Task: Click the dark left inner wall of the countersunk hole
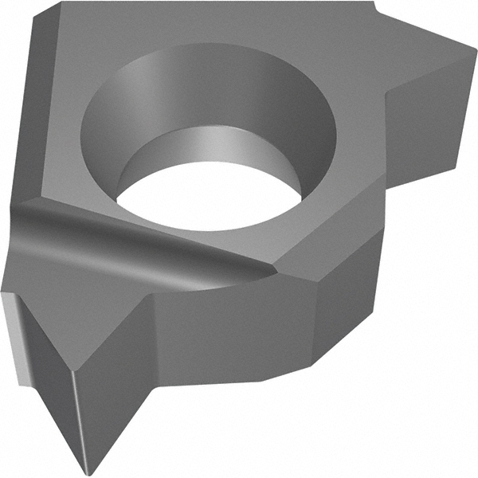[x=104, y=127]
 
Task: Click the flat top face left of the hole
[x=56, y=119]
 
